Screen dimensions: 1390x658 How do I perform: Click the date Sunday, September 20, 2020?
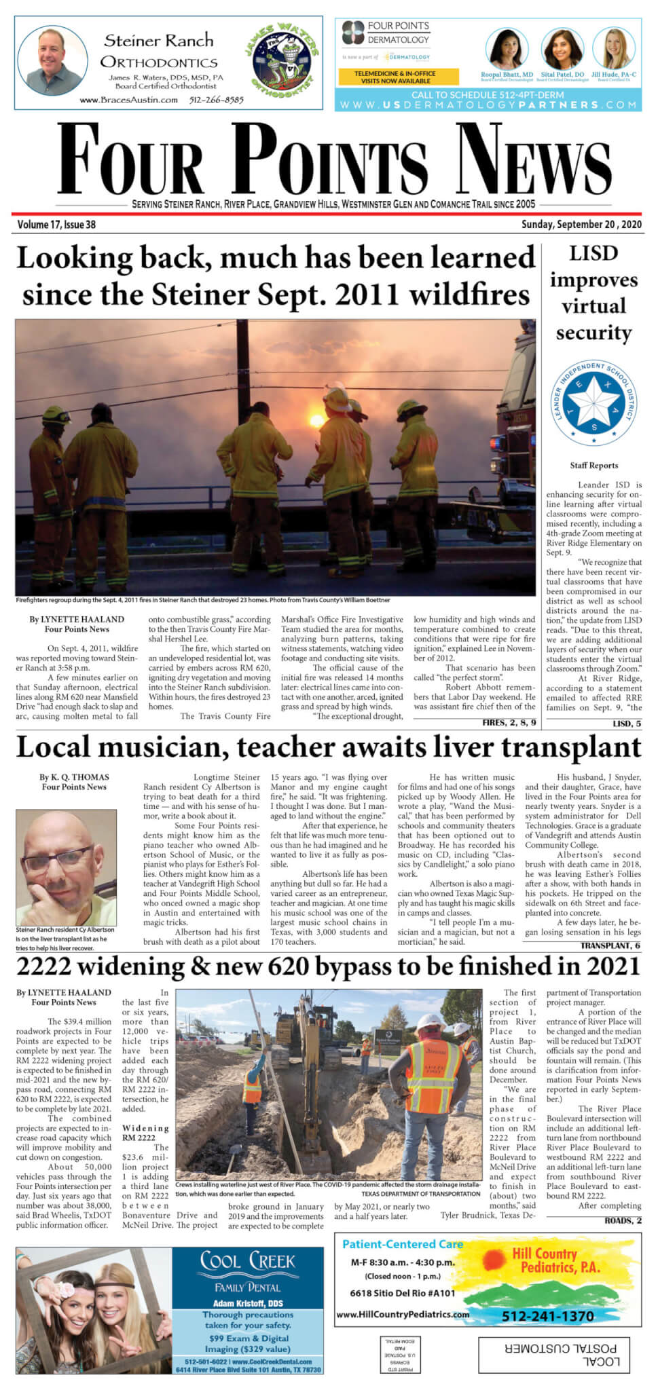pos(581,225)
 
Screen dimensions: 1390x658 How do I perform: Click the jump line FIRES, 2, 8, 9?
pos(509,722)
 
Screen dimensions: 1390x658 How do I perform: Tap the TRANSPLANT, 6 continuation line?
pos(610,945)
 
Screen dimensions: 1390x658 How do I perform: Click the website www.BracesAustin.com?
pos(128,100)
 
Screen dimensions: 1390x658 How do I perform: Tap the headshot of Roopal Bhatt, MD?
pos(505,49)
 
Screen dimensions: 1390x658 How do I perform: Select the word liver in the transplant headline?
pos(439,747)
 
